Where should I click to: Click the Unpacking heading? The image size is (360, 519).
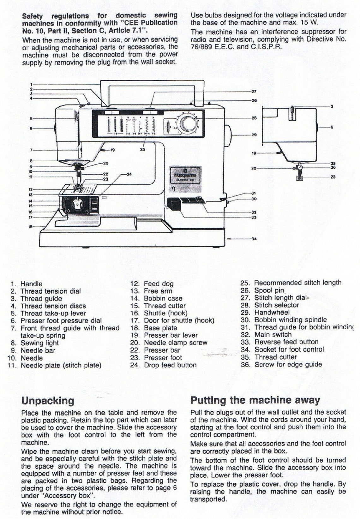[48, 401]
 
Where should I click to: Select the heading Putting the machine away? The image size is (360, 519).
[255, 400]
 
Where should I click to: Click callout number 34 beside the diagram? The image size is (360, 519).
[254, 239]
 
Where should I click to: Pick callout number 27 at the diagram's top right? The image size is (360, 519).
[254, 92]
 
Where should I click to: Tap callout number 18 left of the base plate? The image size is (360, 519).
[31, 227]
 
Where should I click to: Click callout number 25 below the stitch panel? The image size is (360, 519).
[142, 149]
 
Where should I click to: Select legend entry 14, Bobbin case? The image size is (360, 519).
[156, 298]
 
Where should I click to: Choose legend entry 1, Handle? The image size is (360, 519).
[27, 284]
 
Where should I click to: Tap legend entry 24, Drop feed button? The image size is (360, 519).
[164, 365]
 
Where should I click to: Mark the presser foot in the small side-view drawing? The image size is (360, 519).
[297, 178]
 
